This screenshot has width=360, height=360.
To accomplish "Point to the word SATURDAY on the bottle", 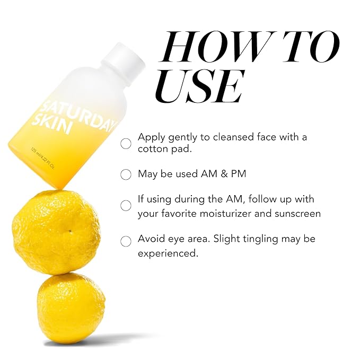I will pos(80,106).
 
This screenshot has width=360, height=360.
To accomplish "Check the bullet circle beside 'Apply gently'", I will pos(126,143).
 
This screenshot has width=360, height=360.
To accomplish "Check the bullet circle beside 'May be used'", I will pos(126,174).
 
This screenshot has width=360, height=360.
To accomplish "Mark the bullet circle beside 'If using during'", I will pos(126,206).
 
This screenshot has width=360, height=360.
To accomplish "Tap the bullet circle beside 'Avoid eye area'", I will pos(126,241).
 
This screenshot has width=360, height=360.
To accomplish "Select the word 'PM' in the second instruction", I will pos(237,173).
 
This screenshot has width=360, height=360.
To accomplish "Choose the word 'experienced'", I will pos(167,253).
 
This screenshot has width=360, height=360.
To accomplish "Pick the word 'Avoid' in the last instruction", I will pos(151,239).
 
